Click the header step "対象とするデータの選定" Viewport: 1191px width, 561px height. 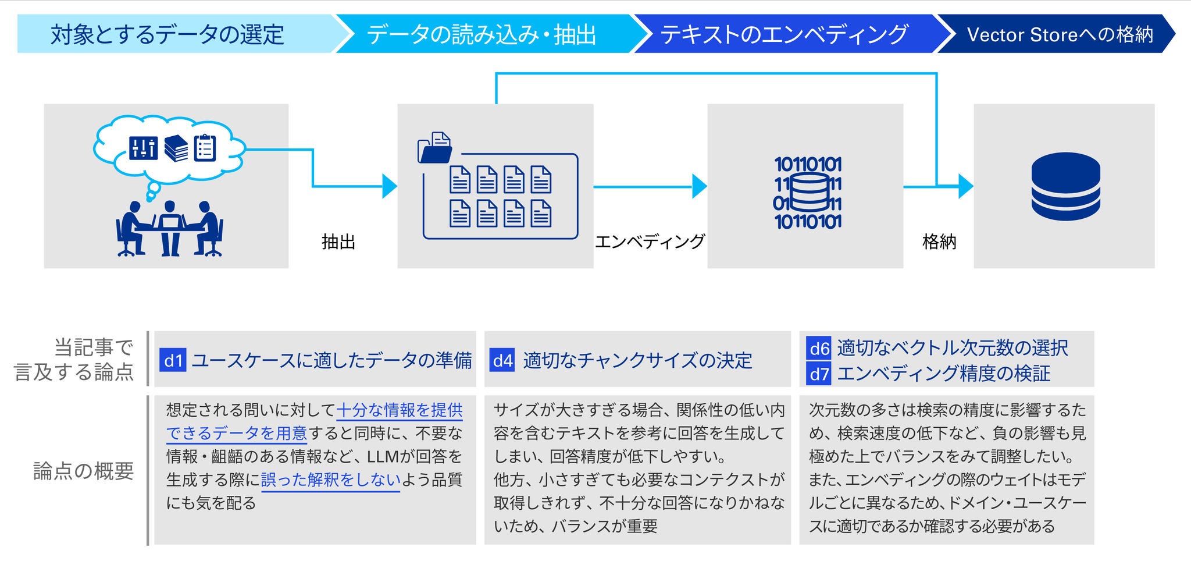167,34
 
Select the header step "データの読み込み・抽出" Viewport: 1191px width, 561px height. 482,34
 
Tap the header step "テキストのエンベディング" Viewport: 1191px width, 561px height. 784,34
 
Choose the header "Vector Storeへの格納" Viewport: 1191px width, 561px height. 1060,34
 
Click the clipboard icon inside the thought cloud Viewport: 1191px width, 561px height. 205,148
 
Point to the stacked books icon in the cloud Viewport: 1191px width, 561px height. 176,148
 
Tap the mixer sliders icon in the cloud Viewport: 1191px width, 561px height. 143,148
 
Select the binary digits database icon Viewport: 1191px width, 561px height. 808,193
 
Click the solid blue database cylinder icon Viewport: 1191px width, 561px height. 1065,186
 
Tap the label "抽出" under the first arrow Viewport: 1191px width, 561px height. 338,242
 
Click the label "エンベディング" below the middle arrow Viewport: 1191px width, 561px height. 650,242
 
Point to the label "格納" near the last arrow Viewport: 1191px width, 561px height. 939,242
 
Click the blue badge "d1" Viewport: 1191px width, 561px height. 173,361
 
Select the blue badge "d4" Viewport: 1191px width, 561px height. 502,361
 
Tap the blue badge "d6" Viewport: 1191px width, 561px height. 819,349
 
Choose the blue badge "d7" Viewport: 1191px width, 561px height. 819,374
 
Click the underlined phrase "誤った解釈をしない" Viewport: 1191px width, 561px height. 331,480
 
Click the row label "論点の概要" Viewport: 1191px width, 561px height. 84,471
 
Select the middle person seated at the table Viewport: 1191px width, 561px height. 170,227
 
